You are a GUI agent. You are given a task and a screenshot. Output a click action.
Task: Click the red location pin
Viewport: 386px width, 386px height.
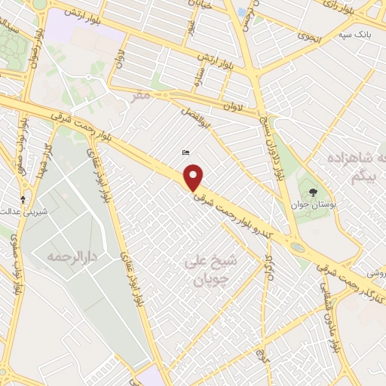pos(195,178)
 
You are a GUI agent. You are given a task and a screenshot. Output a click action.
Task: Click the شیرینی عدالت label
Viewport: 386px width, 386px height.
pos(26,212)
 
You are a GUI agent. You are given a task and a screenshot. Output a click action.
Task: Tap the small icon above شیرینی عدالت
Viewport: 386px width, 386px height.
pos(23,200)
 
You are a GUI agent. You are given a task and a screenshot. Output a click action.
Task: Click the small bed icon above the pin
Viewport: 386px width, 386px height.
pos(185,153)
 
